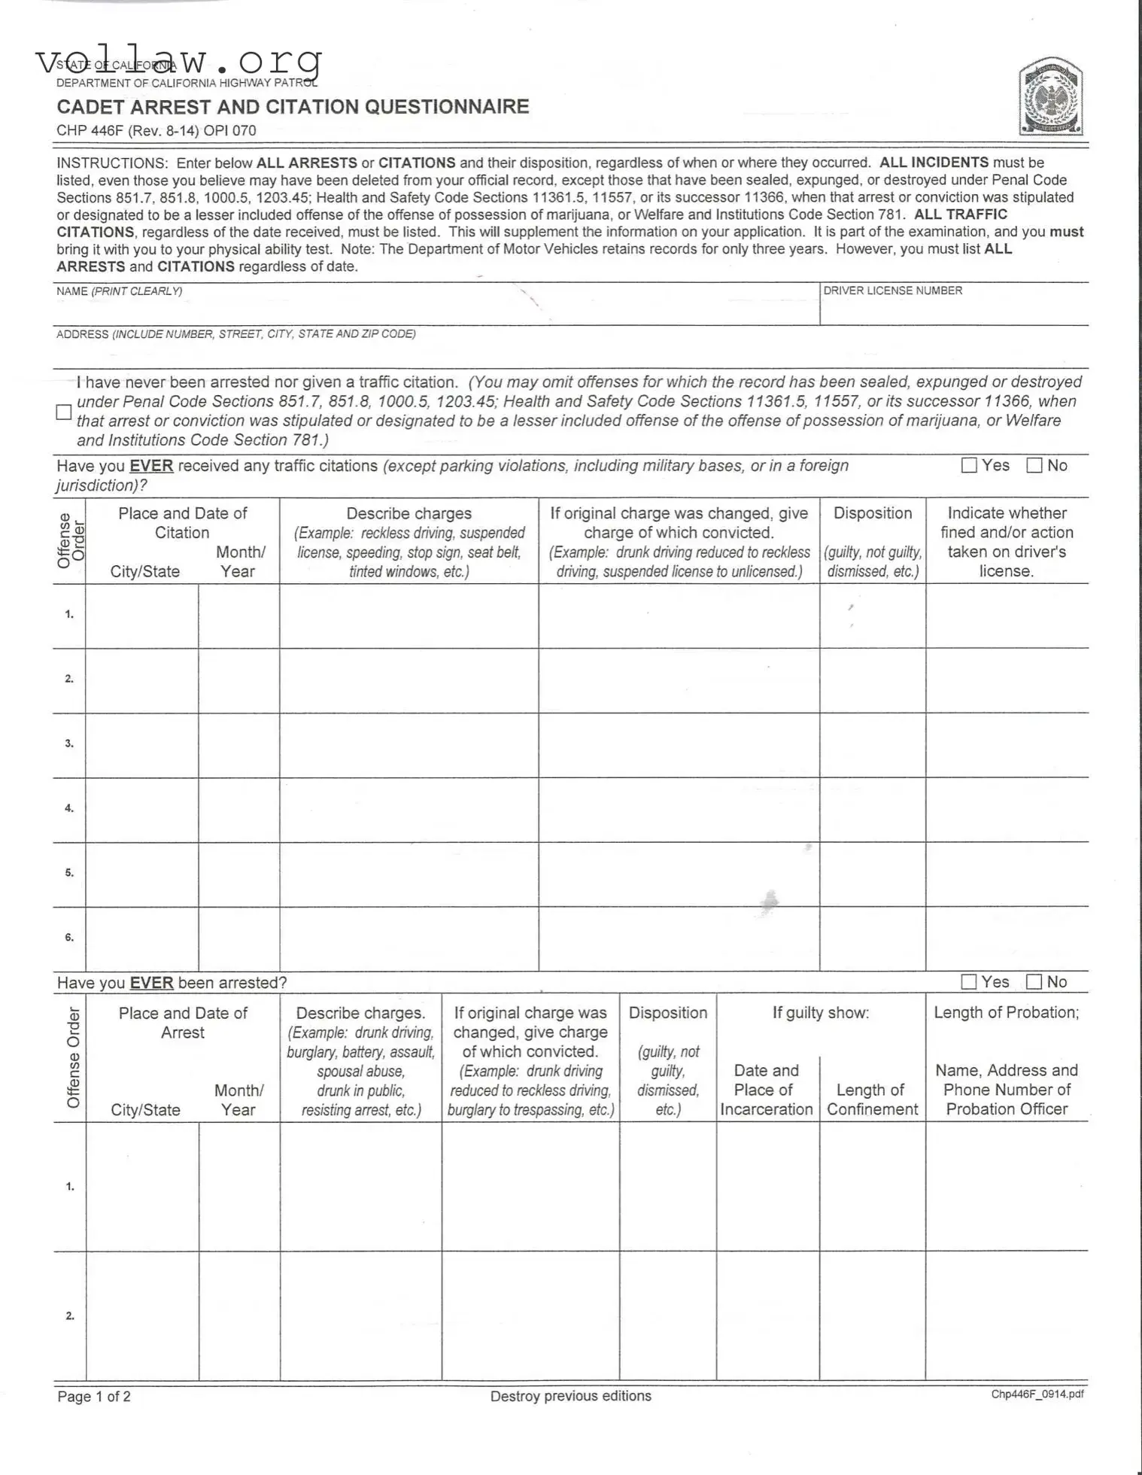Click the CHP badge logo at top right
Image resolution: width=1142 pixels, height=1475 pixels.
[1050, 99]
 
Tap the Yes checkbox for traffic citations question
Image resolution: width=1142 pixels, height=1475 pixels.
[969, 466]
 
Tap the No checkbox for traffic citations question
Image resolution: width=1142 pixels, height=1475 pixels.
[1034, 466]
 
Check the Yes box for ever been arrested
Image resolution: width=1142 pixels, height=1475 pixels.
[969, 982]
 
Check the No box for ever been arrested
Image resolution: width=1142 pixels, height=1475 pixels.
[1034, 982]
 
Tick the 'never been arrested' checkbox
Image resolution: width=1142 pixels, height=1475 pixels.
[64, 412]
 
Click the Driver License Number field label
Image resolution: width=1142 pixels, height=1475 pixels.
[892, 290]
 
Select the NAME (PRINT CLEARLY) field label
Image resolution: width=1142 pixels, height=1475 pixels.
[119, 291]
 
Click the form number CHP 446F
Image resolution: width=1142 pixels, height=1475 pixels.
[90, 130]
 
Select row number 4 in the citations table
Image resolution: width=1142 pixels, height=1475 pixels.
[69, 809]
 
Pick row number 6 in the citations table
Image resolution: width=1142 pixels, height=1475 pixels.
[69, 938]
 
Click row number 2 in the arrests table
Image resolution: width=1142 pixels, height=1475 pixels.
[70, 1316]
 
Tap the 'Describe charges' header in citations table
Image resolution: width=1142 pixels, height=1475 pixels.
[409, 513]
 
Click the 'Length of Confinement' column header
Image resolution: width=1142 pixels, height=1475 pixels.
[872, 1099]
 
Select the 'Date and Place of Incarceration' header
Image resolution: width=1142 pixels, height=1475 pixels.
[766, 1090]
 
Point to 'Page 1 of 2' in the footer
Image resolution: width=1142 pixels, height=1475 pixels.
[94, 1397]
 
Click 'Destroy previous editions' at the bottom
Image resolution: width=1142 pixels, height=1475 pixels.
[570, 1396]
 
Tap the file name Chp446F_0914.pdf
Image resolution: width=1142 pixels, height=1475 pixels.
[1037, 1394]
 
